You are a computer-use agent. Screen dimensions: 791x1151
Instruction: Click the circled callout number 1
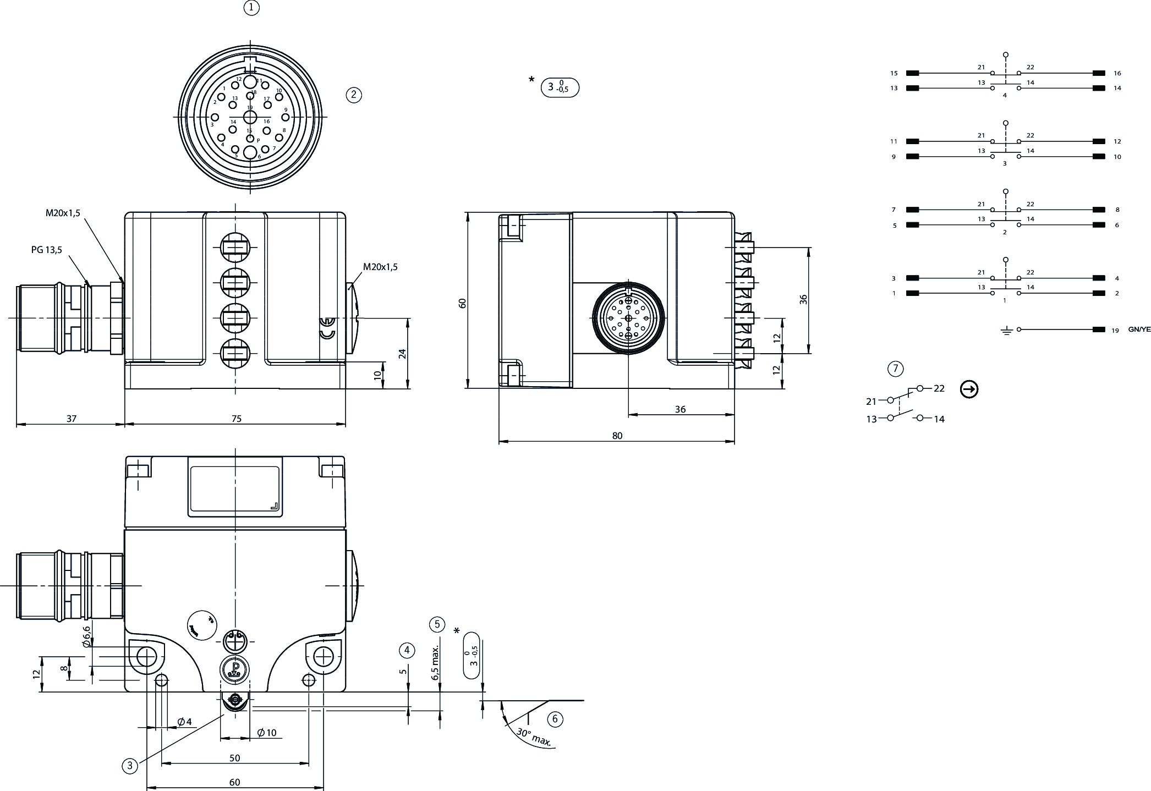[x=251, y=8]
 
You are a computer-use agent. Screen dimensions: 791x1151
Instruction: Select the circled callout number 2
[x=353, y=95]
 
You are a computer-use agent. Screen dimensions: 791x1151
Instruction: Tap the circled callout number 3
[x=130, y=765]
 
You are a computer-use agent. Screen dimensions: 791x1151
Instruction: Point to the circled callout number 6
[x=555, y=719]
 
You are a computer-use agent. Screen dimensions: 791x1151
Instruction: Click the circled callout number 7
[x=895, y=369]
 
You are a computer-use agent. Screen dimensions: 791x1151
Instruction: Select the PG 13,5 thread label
[x=47, y=250]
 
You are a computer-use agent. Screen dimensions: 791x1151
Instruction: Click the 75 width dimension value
[x=236, y=419]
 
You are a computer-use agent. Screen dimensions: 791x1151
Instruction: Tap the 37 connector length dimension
[x=72, y=419]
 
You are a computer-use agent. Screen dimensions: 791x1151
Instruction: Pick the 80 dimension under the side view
[x=617, y=436]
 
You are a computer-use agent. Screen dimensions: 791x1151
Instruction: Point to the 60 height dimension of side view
[x=463, y=303]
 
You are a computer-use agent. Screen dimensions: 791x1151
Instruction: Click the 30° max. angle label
[x=533, y=737]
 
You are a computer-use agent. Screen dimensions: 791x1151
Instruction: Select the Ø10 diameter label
[x=267, y=733]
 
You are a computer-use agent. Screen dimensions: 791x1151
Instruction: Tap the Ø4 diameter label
[x=184, y=722]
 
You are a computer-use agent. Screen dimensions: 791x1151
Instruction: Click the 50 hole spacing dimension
[x=235, y=757]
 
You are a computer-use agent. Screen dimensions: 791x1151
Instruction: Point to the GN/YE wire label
[x=1139, y=329]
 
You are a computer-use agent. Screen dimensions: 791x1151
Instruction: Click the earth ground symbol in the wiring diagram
[x=1006, y=331]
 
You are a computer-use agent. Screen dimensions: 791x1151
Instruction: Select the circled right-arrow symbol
[x=969, y=389]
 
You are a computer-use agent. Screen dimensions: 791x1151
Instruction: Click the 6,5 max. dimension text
[x=435, y=663]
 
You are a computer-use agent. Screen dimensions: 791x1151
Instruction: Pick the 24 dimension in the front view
[x=403, y=353]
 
